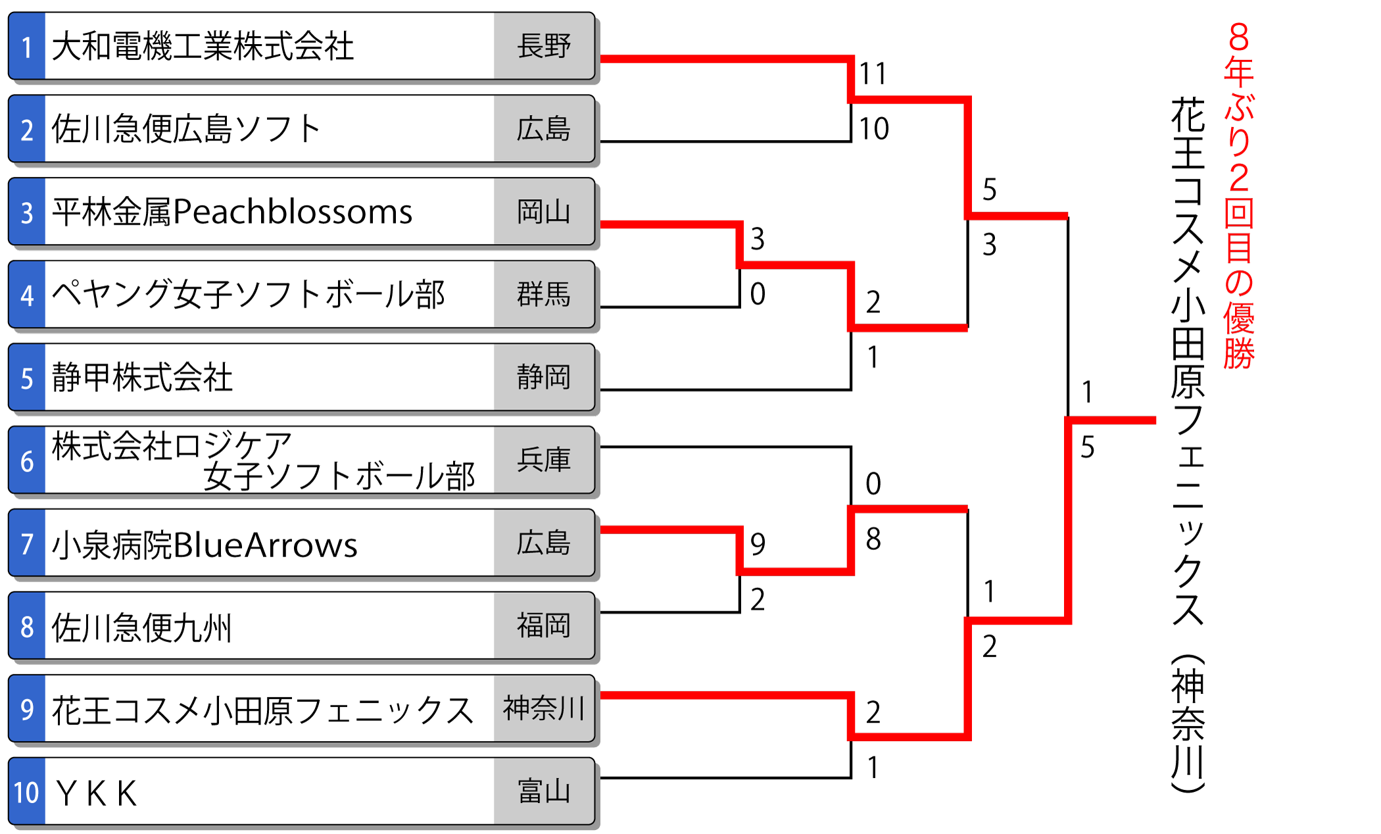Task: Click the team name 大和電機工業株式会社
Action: (203, 47)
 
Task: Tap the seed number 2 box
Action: (27, 130)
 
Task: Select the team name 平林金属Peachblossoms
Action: (232, 212)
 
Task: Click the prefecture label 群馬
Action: (543, 294)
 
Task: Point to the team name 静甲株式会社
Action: (142, 378)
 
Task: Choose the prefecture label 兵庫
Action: (543, 460)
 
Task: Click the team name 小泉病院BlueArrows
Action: (205, 545)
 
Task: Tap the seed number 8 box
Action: (27, 627)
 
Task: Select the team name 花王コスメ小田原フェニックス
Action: (262, 710)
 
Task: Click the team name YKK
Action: (97, 793)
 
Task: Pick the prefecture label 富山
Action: (543, 791)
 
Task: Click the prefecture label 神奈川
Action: (543, 708)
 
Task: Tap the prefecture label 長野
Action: (543, 46)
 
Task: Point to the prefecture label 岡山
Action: (543, 212)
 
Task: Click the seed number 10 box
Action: (27, 793)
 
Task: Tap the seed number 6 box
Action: (27, 461)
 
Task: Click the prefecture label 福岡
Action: (543, 625)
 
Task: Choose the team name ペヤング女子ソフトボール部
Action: (249, 295)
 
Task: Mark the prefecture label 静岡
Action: (543, 377)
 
